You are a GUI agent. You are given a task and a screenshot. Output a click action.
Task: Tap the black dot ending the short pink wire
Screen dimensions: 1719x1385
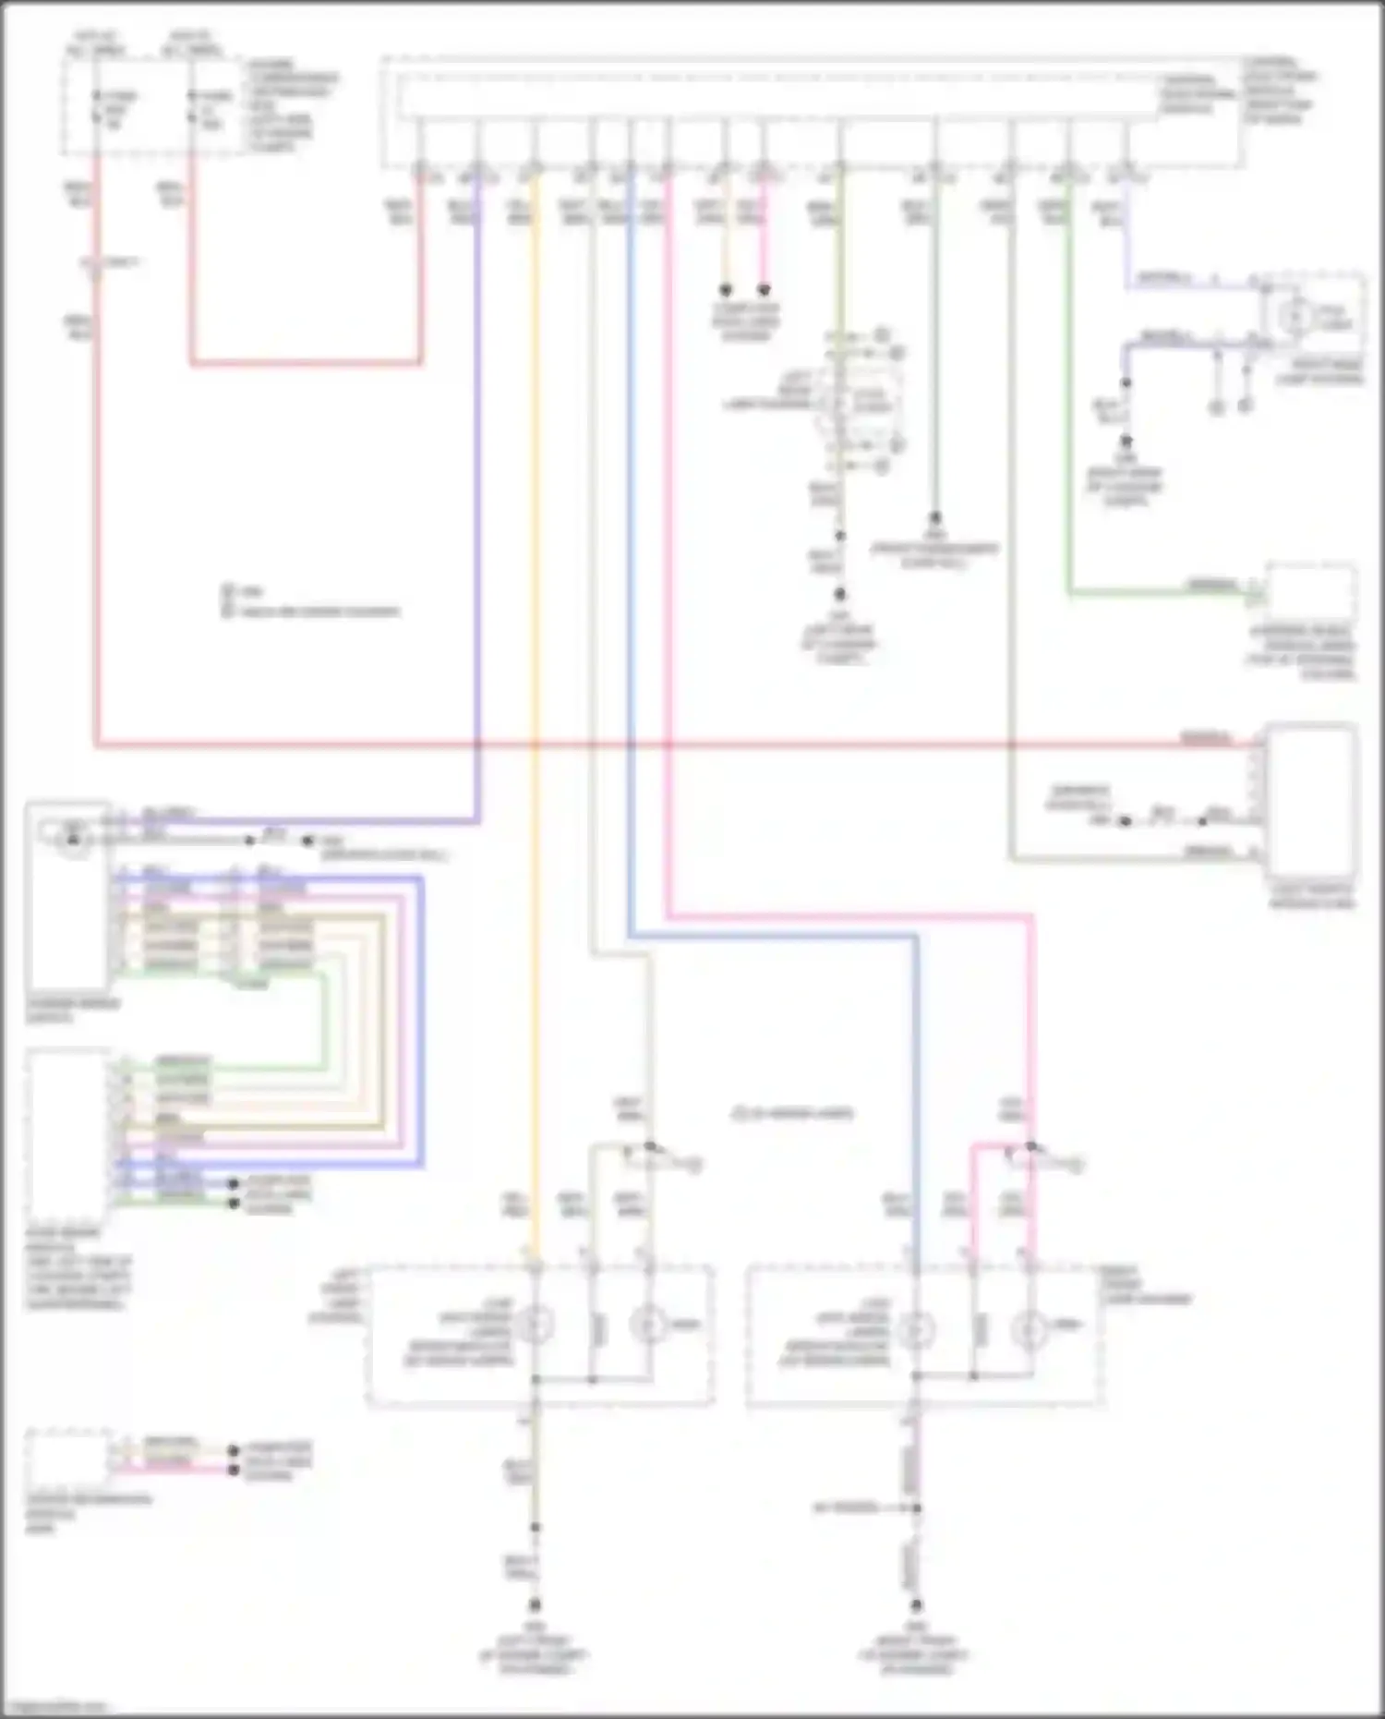(x=764, y=290)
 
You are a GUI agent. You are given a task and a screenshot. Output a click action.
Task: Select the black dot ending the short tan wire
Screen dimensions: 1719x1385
(x=726, y=290)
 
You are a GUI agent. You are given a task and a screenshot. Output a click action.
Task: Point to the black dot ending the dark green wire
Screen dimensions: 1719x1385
(x=934, y=518)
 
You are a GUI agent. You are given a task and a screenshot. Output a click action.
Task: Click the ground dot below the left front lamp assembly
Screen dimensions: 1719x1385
(x=535, y=1605)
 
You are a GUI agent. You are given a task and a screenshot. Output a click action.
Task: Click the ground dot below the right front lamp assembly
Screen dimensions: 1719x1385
(x=916, y=1605)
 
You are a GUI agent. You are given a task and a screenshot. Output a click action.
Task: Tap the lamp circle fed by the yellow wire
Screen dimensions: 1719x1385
(x=535, y=1326)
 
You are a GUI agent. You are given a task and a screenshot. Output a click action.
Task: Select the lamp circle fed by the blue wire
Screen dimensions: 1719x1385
(x=916, y=1328)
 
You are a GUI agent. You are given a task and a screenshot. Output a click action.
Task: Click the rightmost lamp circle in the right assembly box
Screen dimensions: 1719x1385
(x=1030, y=1328)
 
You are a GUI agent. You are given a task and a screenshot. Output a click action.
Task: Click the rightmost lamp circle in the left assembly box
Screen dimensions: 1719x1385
(x=649, y=1326)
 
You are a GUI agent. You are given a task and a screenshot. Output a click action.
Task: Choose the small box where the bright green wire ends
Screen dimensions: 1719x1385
(x=1311, y=593)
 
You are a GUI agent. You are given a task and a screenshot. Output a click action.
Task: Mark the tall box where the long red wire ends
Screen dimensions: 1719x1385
(x=1311, y=800)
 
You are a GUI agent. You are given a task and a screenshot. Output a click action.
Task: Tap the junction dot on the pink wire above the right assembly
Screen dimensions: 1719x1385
(x=1031, y=1145)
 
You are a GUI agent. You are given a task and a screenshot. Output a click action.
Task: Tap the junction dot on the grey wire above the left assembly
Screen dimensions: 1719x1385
(x=650, y=1145)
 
